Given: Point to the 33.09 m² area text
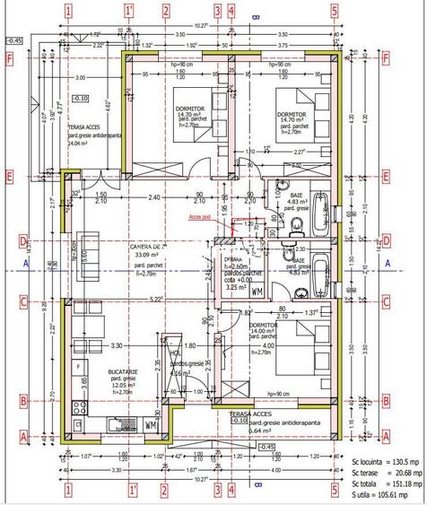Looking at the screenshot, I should [x=146, y=255].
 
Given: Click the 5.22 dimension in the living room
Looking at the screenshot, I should [x=154, y=299].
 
